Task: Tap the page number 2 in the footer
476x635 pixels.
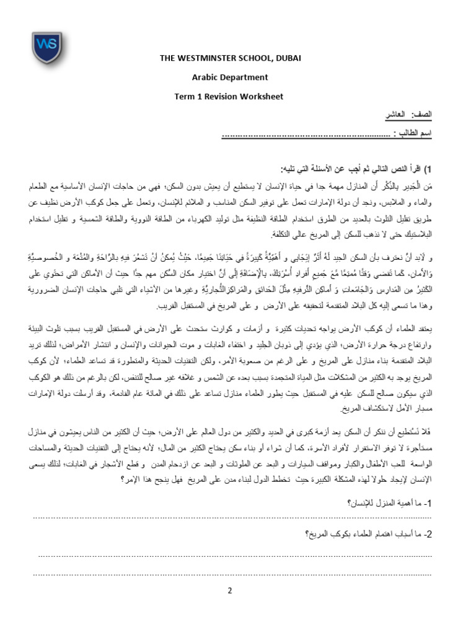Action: point(229,590)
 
